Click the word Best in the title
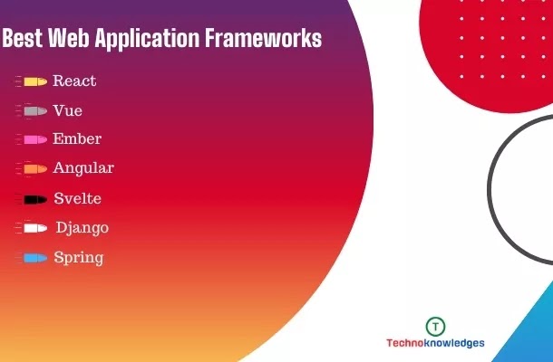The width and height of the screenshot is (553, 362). click(23, 38)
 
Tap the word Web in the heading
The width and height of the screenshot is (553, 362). click(69, 38)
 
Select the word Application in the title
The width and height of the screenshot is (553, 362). click(147, 38)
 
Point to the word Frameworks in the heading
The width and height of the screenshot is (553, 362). click(264, 38)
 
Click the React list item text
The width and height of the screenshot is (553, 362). click(74, 81)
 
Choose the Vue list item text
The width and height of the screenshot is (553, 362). click(68, 110)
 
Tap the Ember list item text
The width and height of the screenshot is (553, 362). click(77, 138)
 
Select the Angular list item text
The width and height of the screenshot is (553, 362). click(83, 168)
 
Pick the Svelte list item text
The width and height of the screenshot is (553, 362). click(78, 198)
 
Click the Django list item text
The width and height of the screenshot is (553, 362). click(82, 228)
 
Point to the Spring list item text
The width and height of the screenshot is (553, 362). click(79, 258)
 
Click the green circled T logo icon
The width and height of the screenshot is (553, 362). click(435, 327)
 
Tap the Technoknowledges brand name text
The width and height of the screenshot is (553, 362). click(435, 343)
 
